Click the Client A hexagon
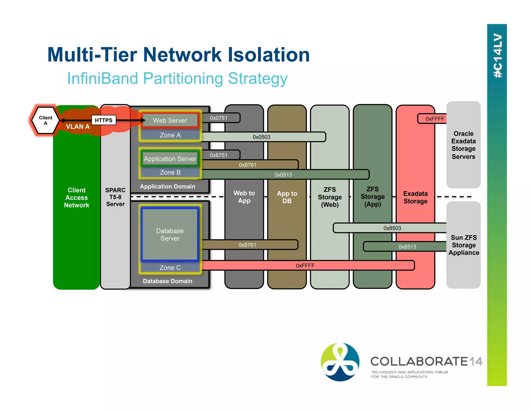(45, 120)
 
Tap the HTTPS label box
(103, 120)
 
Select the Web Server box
(170, 121)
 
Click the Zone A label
(170, 135)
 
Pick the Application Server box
(170, 159)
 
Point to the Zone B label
(170, 173)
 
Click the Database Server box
(170, 234)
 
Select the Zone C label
(170, 268)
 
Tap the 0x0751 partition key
(219, 118)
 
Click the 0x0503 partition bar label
(261, 137)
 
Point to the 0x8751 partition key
(219, 155)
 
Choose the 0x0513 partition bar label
(283, 175)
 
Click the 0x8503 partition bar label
(392, 228)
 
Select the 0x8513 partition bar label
(407, 247)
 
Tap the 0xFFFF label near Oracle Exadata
(435, 119)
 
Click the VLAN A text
(78, 127)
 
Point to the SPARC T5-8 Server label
(115, 197)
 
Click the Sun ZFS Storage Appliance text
(464, 245)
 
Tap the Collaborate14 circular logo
(340, 362)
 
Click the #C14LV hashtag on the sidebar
(497, 56)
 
